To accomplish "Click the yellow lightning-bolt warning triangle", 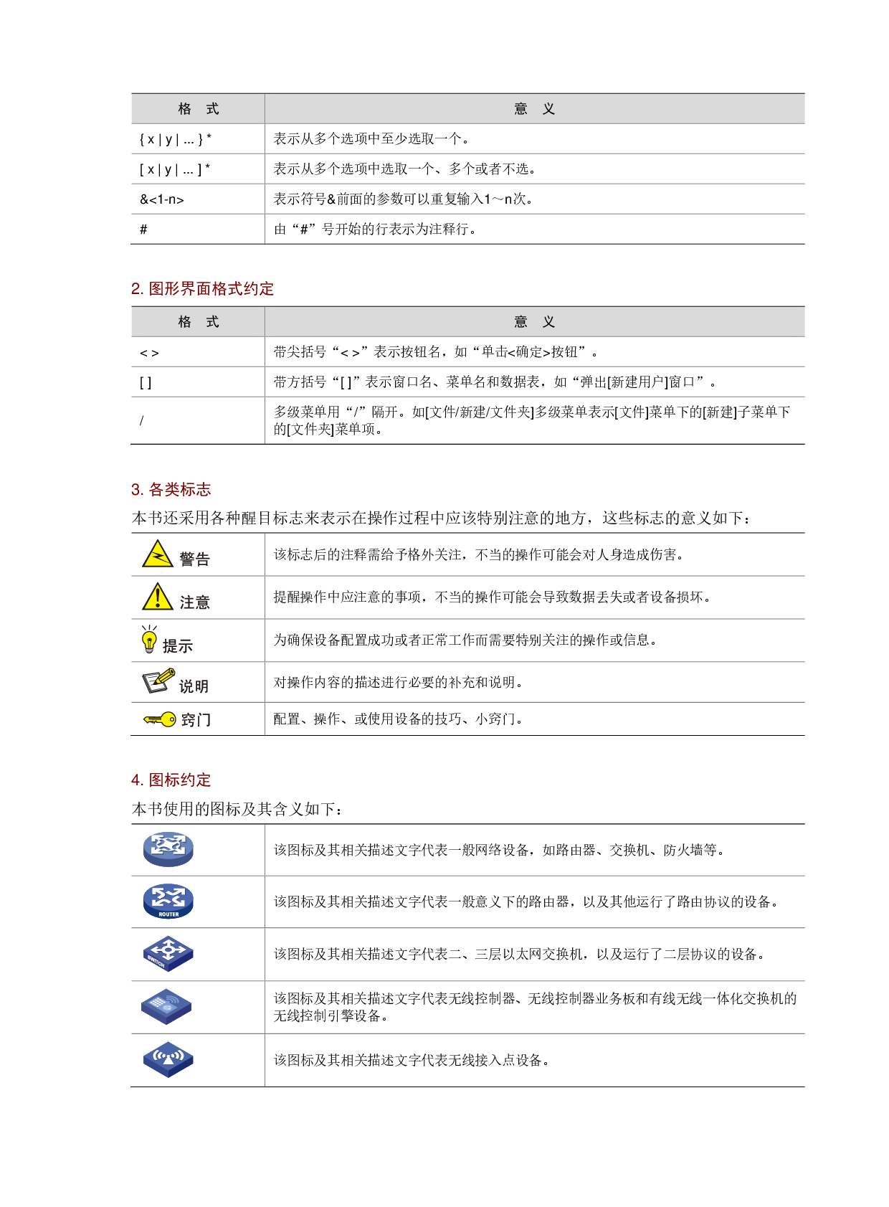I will click(x=158, y=554).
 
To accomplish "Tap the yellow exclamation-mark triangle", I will click(x=158, y=597).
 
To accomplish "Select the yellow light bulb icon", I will click(x=149, y=640).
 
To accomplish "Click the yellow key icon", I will click(x=160, y=719).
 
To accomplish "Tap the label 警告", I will click(x=194, y=559).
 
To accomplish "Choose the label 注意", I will click(x=194, y=602).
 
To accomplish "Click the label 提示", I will click(x=178, y=646).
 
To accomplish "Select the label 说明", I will click(x=194, y=686).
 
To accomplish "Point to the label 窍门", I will click(x=196, y=720).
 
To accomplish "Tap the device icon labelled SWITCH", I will click(x=168, y=954).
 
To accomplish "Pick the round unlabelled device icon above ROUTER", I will click(x=168, y=849).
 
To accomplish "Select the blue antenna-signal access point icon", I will click(x=168, y=1059).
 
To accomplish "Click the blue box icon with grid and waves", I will click(x=166, y=1006).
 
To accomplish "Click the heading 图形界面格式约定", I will click(x=211, y=289).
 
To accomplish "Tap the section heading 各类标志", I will click(x=179, y=490).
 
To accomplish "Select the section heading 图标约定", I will click(x=179, y=780).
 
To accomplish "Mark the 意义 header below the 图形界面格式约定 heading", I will click(x=535, y=322).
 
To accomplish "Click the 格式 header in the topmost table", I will click(x=199, y=109).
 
